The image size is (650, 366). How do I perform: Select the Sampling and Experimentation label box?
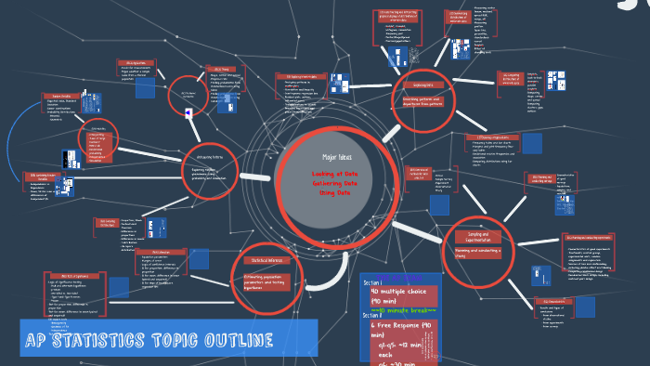click(x=478, y=236)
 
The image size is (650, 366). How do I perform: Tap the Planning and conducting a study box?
click(x=478, y=251)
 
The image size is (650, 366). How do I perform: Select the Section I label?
click(x=373, y=282)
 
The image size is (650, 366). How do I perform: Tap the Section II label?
click(x=374, y=317)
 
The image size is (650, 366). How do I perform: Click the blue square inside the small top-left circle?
click(x=189, y=113)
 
